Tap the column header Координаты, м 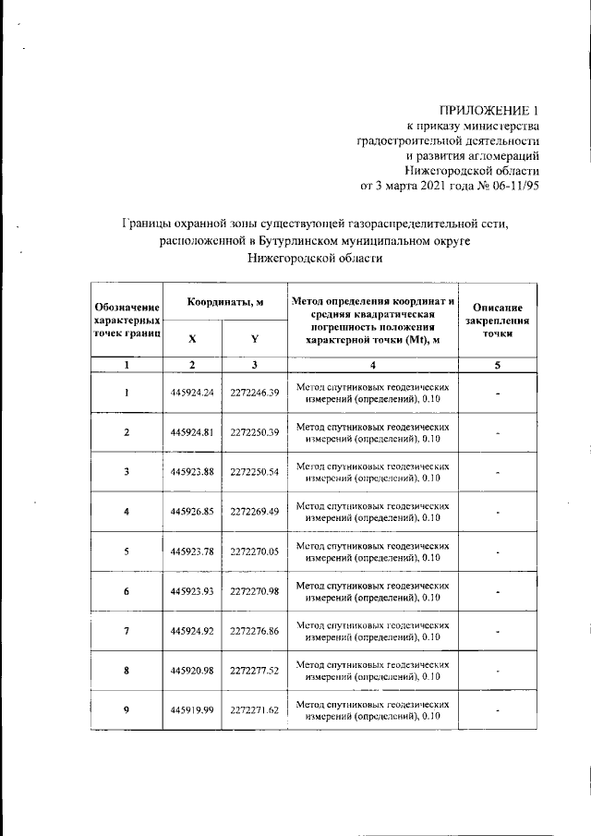click(x=225, y=302)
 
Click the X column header click(x=192, y=338)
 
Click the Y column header click(x=254, y=338)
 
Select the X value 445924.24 click(x=192, y=393)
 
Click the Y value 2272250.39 click(x=255, y=432)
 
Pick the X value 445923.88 click(x=192, y=472)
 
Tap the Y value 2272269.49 click(x=255, y=512)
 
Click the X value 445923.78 click(x=192, y=551)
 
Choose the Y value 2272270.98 click(x=255, y=591)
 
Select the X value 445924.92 click(x=192, y=631)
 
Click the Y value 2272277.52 click(x=255, y=671)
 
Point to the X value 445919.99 click(x=192, y=710)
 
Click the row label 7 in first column click(x=127, y=631)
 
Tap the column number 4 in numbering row click(x=372, y=366)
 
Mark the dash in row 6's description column click(x=497, y=592)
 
